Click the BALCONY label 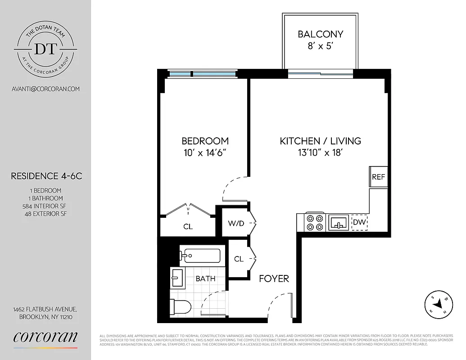coord(321,34)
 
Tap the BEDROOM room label coord(205,141)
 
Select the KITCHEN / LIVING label coord(320,141)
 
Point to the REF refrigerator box coord(378,177)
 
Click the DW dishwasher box coord(359,222)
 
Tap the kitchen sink coord(339,222)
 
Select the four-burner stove coord(316,222)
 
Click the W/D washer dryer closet coord(236,223)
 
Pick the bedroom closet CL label coord(188,227)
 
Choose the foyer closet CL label coord(239,259)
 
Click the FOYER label coord(274,279)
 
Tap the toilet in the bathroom coord(181,307)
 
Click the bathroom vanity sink coord(177,278)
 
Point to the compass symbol coord(438,305)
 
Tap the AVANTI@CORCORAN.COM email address coord(45,89)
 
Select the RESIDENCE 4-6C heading coord(46,176)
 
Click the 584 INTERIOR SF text coord(45,206)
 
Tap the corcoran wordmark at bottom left coord(45,337)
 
